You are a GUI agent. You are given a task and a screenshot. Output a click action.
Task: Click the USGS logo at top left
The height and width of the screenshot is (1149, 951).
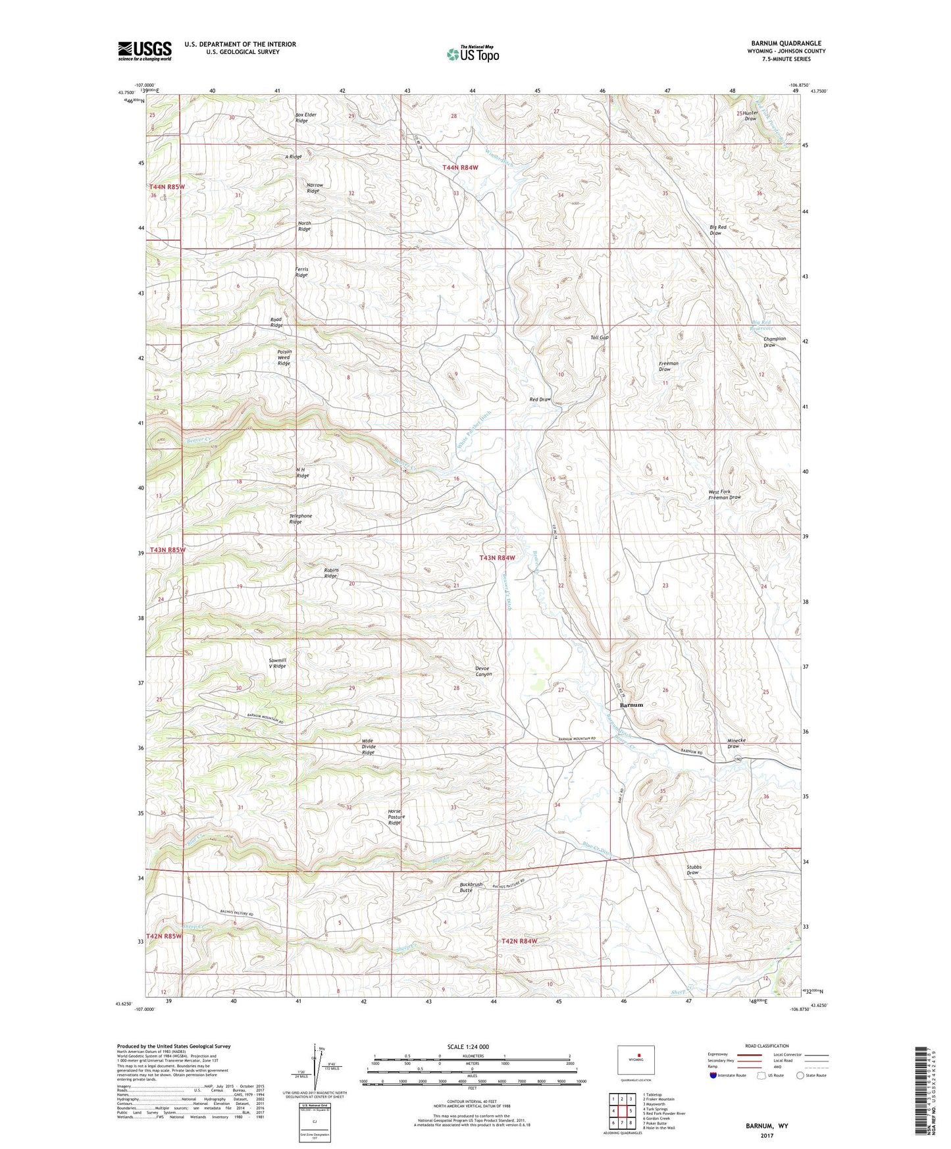[x=144, y=51]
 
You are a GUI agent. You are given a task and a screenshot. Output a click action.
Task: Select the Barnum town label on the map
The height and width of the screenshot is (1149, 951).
[x=630, y=705]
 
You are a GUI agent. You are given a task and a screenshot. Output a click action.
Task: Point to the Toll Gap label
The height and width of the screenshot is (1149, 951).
[x=599, y=338]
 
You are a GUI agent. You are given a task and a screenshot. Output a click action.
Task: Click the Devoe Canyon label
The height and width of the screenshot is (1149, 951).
[x=483, y=671]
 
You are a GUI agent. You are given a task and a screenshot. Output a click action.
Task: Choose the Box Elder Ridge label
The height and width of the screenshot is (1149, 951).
[x=305, y=118]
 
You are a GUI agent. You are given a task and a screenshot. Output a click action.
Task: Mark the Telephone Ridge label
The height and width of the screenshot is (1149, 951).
[x=301, y=519]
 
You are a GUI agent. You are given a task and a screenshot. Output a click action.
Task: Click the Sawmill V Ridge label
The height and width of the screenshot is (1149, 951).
[x=277, y=663]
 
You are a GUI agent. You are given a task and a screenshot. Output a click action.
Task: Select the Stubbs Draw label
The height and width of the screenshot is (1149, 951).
[x=694, y=870]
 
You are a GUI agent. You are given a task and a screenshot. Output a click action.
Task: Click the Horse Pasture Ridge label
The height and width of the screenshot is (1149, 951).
[x=394, y=817]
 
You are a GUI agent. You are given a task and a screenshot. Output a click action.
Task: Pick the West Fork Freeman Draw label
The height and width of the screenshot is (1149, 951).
[x=724, y=495]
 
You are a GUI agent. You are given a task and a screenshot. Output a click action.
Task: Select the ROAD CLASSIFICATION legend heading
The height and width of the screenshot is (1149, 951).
[x=767, y=1046]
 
